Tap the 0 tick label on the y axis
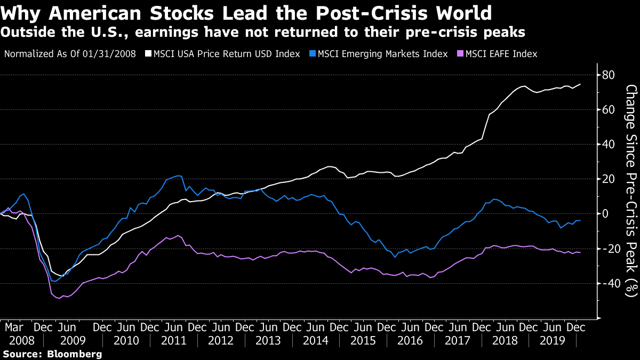606,214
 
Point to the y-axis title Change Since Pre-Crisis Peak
631,189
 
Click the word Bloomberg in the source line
75,354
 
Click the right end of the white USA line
581,84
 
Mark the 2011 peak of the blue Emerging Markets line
178,175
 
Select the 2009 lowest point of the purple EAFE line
59,298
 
